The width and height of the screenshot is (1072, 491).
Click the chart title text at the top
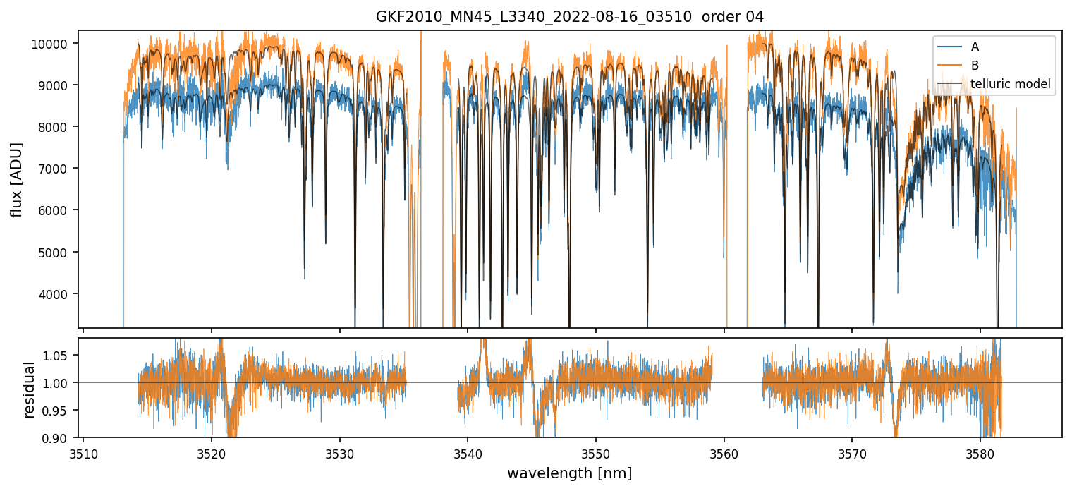535,17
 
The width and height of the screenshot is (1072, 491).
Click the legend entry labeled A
975,47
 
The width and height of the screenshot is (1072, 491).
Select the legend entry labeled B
975,66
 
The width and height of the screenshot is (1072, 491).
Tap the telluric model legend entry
1010,84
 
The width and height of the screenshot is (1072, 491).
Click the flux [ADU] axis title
16,179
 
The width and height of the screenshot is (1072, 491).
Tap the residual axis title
29,389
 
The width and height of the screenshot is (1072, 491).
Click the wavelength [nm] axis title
569,473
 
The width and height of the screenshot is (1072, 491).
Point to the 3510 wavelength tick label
83,452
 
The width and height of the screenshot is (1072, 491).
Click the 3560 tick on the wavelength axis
724,452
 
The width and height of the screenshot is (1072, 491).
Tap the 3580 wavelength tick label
980,452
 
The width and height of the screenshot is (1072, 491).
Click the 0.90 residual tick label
60,438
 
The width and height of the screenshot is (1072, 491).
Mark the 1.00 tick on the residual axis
60,383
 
